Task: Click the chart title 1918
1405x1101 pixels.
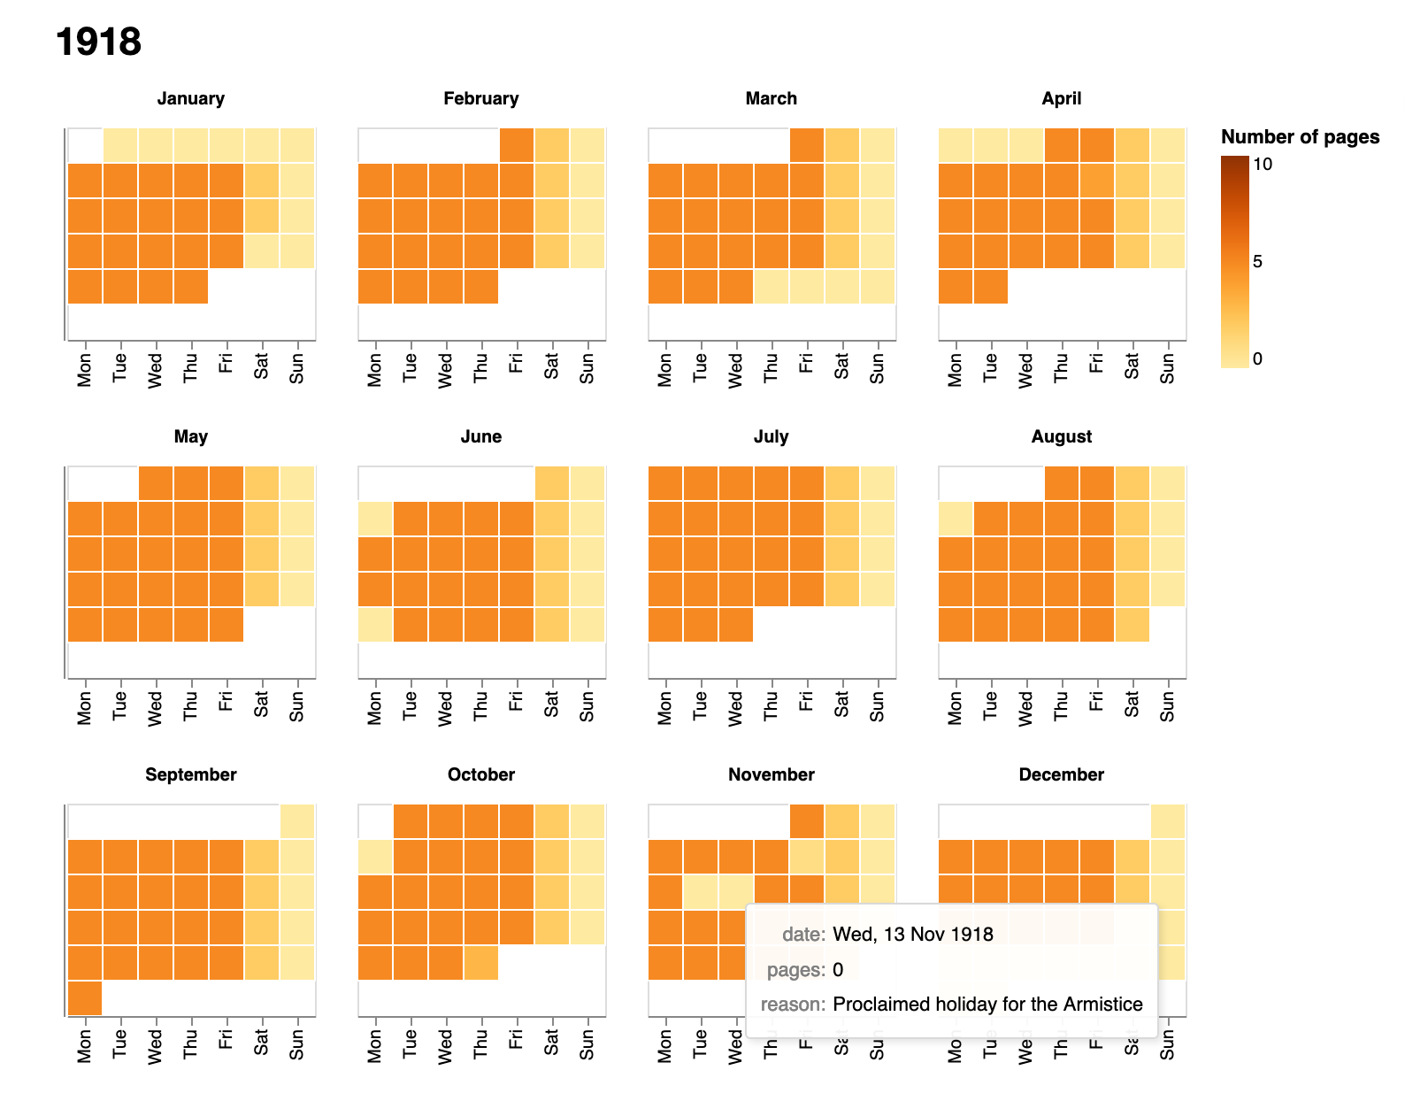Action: [98, 42]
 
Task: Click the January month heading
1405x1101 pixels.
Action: [190, 98]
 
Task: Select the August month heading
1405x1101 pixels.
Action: [1061, 436]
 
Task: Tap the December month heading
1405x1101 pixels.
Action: [1061, 774]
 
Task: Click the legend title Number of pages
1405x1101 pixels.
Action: [1300, 136]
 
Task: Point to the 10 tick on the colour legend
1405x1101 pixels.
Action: [1263, 164]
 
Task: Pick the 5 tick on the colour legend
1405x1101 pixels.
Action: [1257, 261]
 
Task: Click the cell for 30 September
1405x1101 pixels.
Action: [85, 998]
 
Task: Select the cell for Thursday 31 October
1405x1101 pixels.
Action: [480, 963]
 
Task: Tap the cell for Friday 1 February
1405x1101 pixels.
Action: [517, 145]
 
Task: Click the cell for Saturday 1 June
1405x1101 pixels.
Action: [552, 483]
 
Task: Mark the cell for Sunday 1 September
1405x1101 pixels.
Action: [297, 821]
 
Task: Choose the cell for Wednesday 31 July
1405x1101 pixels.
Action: [736, 625]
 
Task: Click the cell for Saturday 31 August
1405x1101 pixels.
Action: [1132, 625]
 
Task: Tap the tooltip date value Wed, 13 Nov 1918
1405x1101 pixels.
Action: [913, 934]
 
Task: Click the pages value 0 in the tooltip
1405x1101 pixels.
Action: [838, 969]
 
